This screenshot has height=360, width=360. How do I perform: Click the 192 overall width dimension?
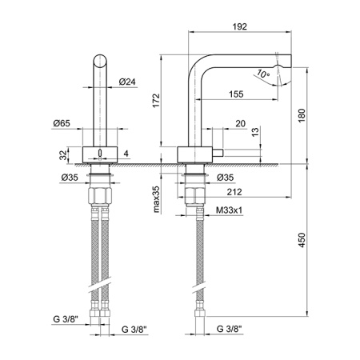click(x=239, y=26)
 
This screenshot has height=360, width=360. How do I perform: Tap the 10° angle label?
click(x=265, y=74)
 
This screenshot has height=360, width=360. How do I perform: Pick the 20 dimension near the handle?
click(x=241, y=124)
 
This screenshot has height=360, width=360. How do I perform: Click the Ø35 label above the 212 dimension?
click(x=225, y=177)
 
